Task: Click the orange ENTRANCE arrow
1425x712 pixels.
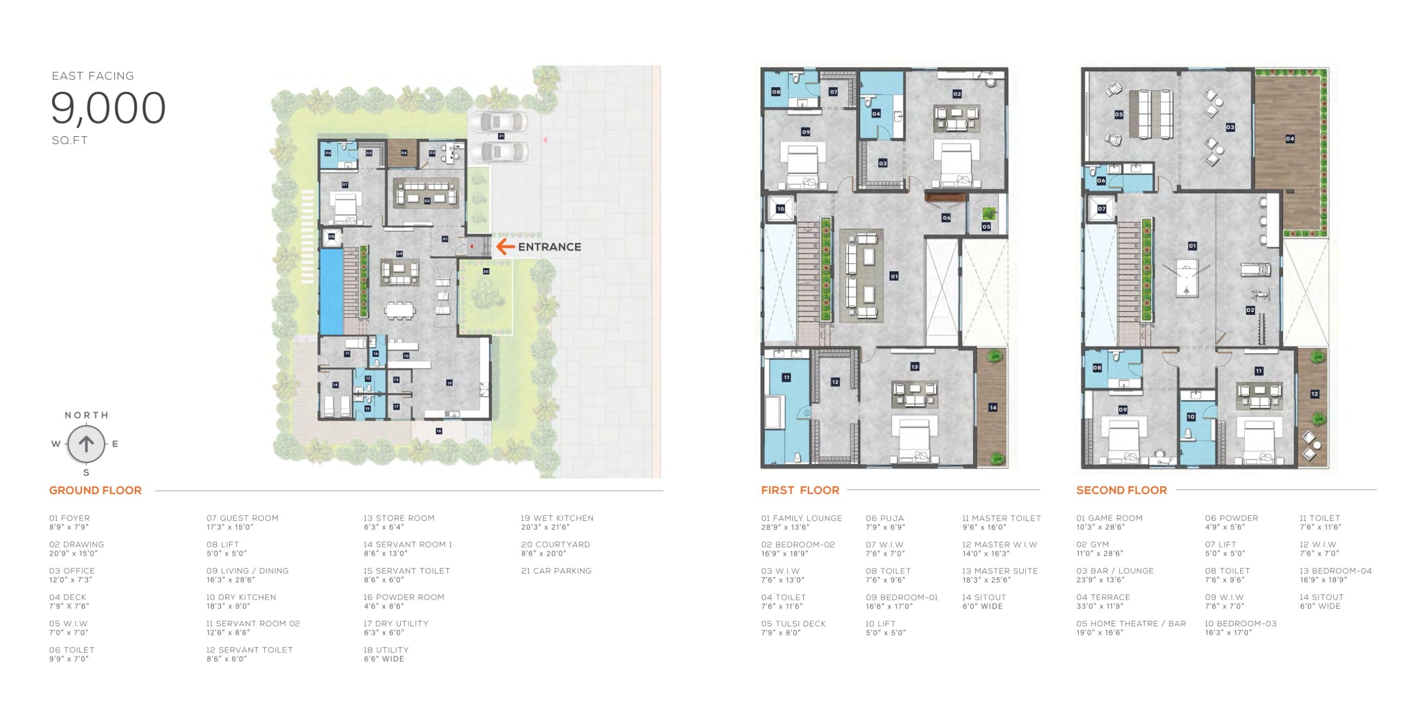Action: [x=505, y=246]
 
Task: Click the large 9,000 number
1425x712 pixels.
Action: [x=109, y=108]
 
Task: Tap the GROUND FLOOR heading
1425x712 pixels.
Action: [x=95, y=490]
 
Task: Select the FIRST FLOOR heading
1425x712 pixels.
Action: [x=800, y=490]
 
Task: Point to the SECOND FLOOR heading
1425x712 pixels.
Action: [x=1121, y=490]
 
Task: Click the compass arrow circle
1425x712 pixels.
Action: [x=86, y=444]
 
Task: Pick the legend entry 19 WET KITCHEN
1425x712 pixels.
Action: [x=557, y=522]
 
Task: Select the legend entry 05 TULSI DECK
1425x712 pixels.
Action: [x=793, y=628]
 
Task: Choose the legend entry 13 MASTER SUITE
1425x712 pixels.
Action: [x=999, y=575]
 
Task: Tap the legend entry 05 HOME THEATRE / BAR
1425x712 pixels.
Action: [x=1131, y=628]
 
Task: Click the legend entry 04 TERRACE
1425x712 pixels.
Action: [x=1103, y=601]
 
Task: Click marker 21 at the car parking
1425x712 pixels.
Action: [x=501, y=136]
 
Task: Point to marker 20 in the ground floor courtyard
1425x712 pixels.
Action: [x=486, y=271]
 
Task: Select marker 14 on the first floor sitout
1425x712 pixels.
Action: [x=992, y=408]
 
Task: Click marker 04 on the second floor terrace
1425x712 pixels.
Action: [x=1290, y=139]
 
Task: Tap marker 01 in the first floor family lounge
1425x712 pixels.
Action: [x=894, y=276]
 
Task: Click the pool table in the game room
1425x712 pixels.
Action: [x=1186, y=278]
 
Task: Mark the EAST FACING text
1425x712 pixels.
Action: [x=93, y=76]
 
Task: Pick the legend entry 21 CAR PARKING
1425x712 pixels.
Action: [x=556, y=571]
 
